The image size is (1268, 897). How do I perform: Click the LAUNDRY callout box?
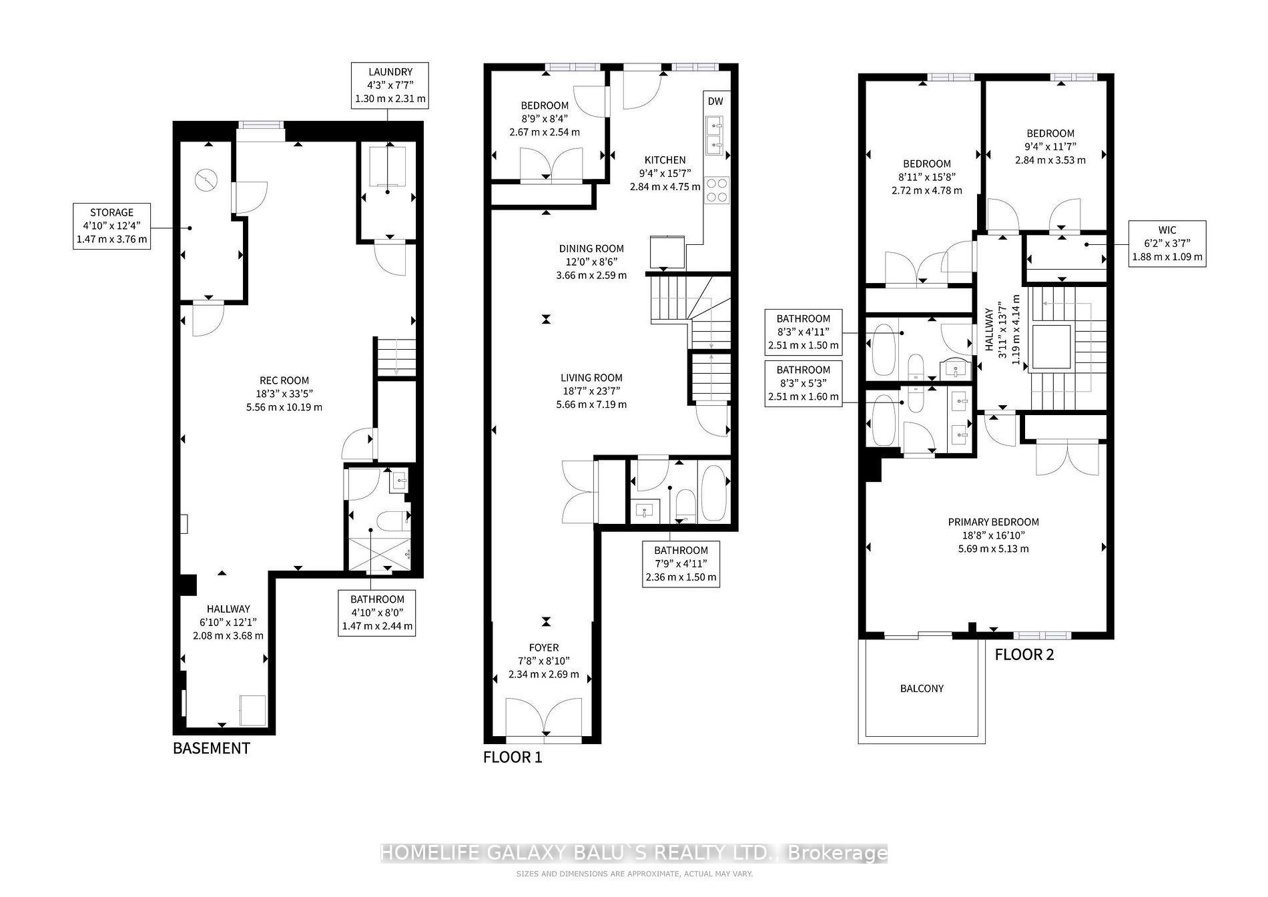(390, 85)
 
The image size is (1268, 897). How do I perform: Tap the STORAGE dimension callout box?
(111, 226)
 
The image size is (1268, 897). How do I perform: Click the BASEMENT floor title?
(211, 748)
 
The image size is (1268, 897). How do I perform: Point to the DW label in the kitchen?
(715, 101)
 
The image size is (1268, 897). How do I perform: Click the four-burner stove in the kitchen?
(717, 189)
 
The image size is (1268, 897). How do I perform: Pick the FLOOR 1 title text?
(513, 758)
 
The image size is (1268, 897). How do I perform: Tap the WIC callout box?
(1167, 244)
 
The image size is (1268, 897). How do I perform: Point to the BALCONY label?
(922, 688)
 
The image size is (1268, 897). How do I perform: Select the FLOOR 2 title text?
(1024, 655)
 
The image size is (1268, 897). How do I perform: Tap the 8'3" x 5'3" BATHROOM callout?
(803, 383)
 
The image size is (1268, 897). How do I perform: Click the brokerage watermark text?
(633, 853)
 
